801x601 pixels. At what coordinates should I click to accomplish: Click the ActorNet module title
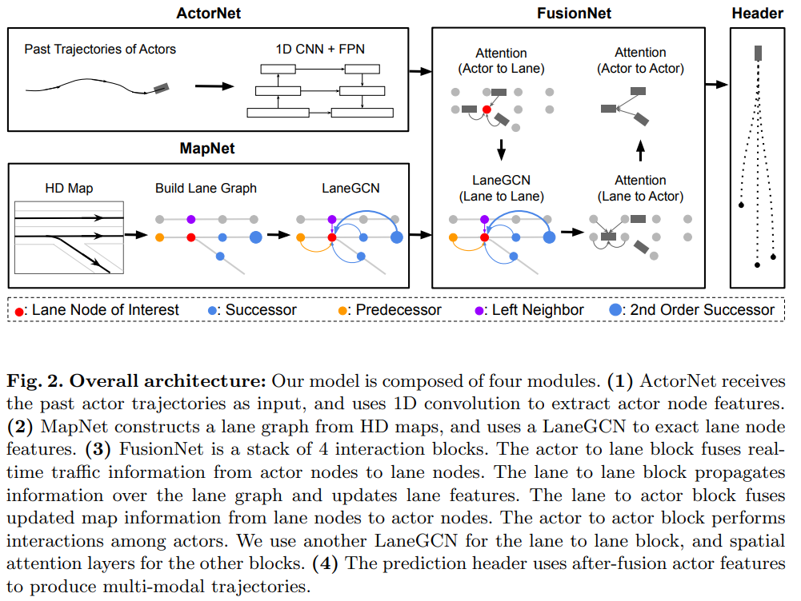(209, 13)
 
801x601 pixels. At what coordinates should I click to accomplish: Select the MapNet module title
(208, 149)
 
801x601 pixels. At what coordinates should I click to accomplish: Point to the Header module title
(757, 13)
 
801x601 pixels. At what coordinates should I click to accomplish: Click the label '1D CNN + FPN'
(319, 50)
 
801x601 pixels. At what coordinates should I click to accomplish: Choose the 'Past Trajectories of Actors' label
(100, 50)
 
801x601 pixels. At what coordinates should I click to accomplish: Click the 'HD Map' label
(69, 189)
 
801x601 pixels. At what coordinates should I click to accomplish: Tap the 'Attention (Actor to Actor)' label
(640, 61)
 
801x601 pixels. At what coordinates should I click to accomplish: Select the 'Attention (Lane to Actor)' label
(640, 189)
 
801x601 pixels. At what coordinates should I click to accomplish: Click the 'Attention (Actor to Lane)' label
(501, 61)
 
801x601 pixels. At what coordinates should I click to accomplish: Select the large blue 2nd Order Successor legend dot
(617, 310)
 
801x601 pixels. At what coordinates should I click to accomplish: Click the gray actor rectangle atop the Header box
(758, 53)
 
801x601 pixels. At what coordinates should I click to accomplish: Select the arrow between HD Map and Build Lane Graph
(137, 236)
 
